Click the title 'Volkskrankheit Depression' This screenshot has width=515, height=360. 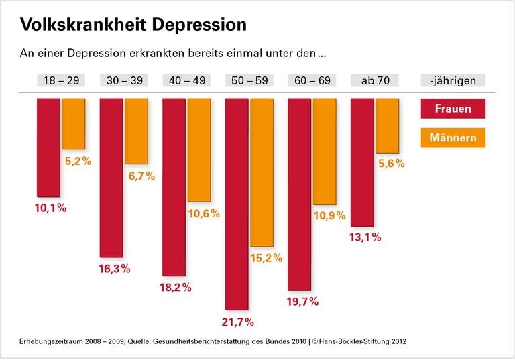point(133,25)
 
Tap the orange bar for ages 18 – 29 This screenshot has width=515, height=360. point(74,123)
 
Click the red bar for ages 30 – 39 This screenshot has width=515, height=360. point(111,178)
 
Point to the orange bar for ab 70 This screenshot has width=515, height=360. point(388,125)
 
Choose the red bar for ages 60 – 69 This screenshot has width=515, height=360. point(299,194)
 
